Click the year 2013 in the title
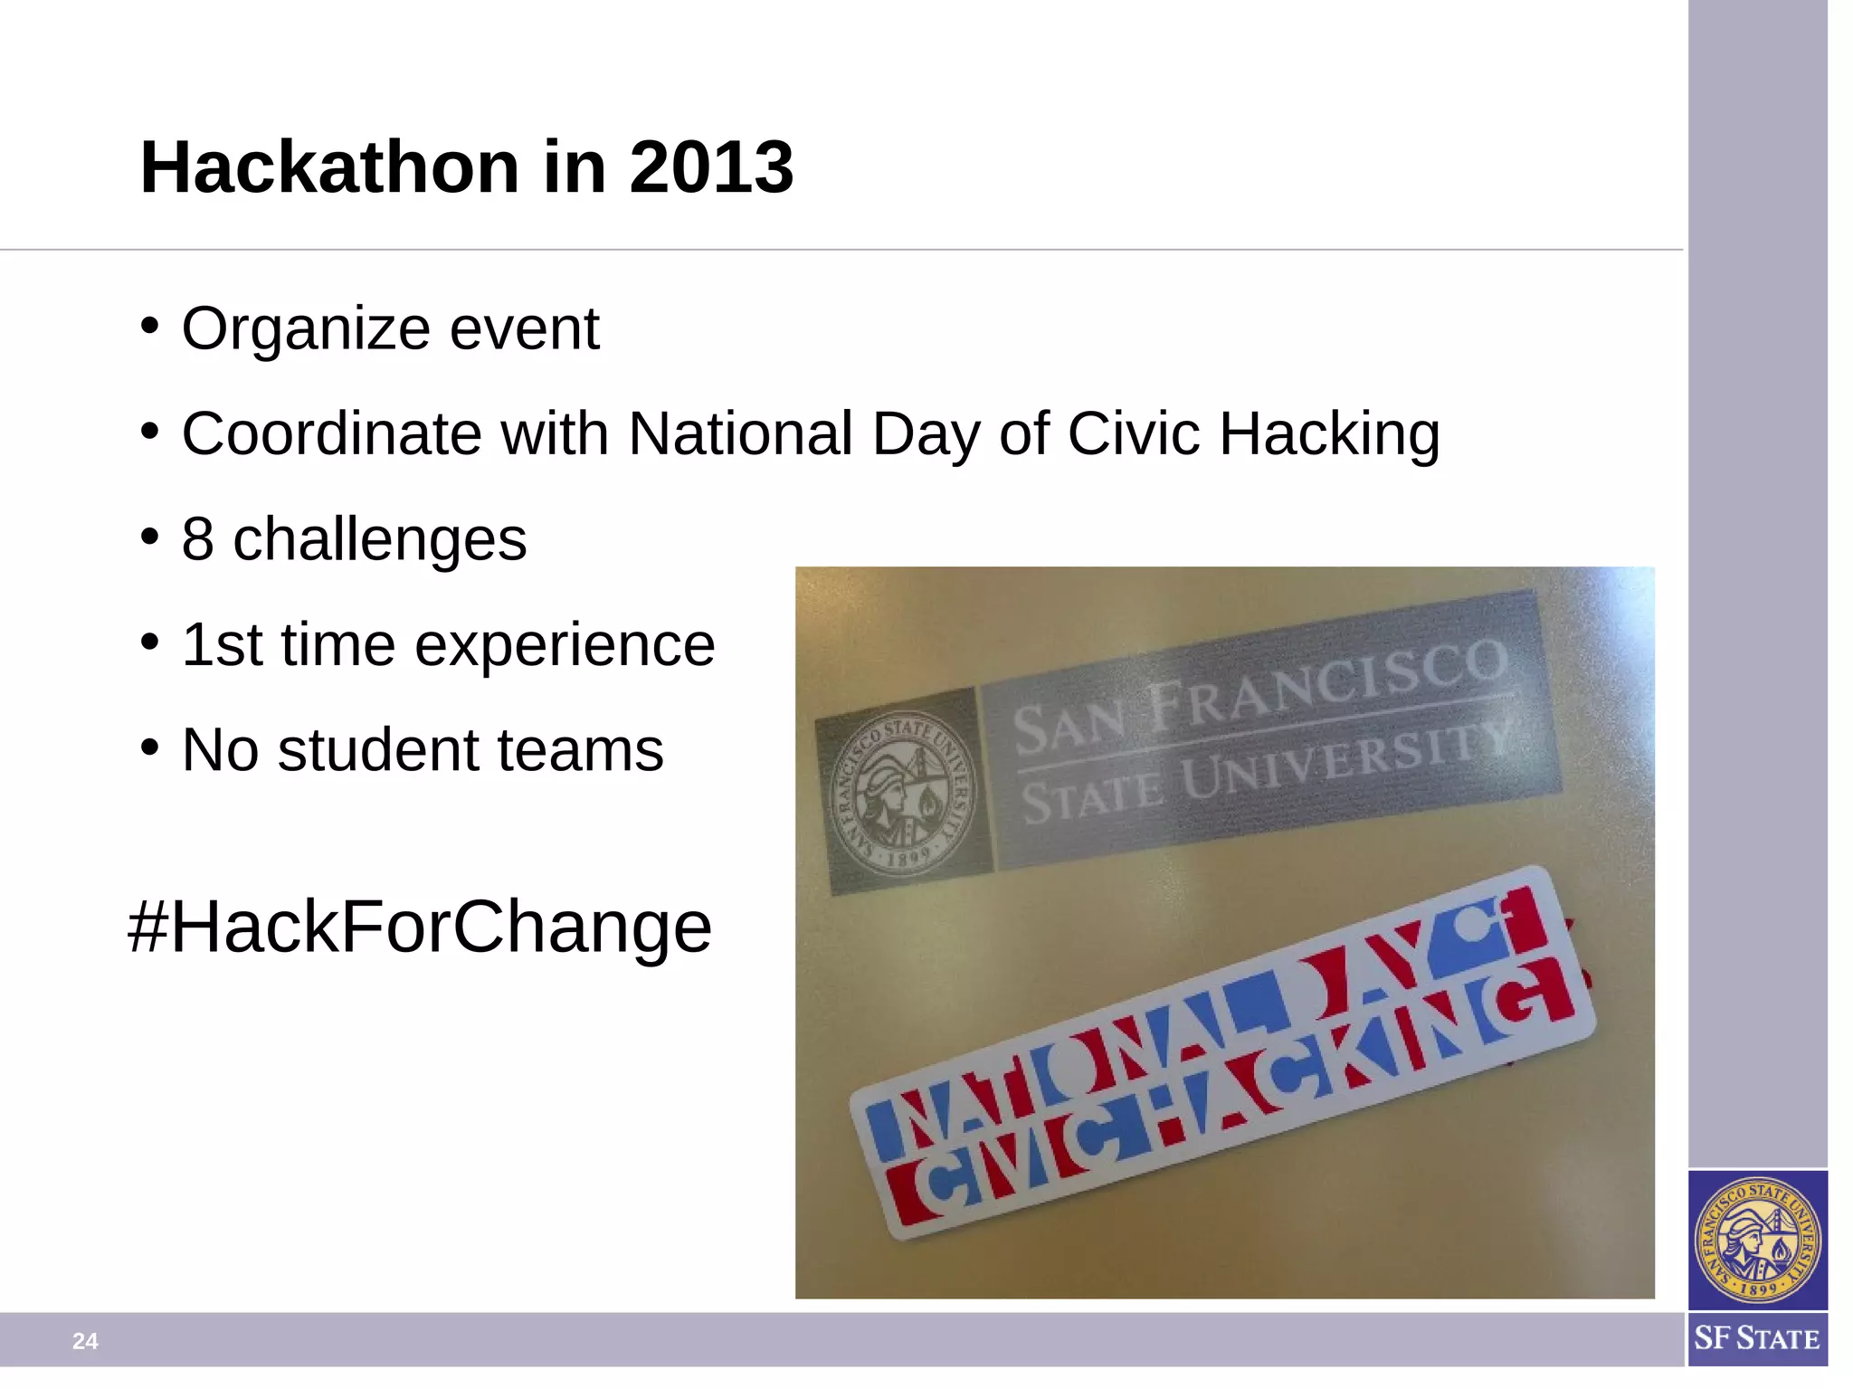tap(711, 167)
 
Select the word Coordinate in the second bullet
tap(331, 433)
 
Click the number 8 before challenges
tap(197, 539)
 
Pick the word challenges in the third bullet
tap(380, 540)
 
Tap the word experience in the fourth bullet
tap(565, 645)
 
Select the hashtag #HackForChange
tap(420, 928)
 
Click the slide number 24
tap(85, 1341)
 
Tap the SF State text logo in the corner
tap(1756, 1338)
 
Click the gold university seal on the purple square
tap(1757, 1240)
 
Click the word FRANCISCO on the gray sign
tap(1328, 686)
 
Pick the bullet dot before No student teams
tap(150, 747)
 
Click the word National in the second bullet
tap(740, 433)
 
